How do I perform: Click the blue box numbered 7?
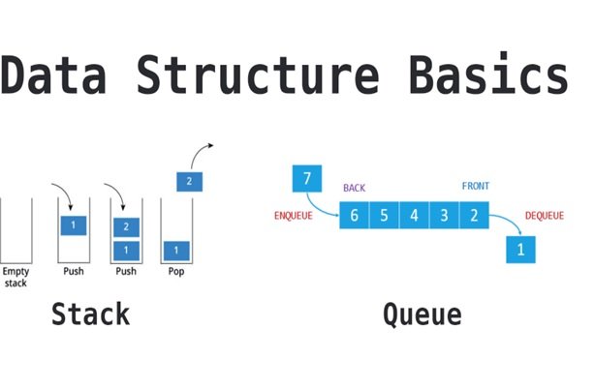click(306, 179)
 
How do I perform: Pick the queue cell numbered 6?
click(355, 215)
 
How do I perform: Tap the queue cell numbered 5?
click(384, 215)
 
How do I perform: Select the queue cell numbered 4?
click(414, 215)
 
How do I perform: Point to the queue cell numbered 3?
click(444, 215)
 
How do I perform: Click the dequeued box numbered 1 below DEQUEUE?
click(521, 250)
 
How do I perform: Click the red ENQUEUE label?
click(293, 216)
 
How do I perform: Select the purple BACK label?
click(356, 187)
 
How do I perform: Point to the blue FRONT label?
click(477, 187)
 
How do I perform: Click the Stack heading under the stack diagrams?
click(90, 314)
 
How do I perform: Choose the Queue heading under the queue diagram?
click(422, 314)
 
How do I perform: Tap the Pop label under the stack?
click(175, 272)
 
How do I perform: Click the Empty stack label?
click(16, 278)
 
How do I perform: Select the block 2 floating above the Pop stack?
click(189, 180)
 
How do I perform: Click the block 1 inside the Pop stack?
click(175, 251)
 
